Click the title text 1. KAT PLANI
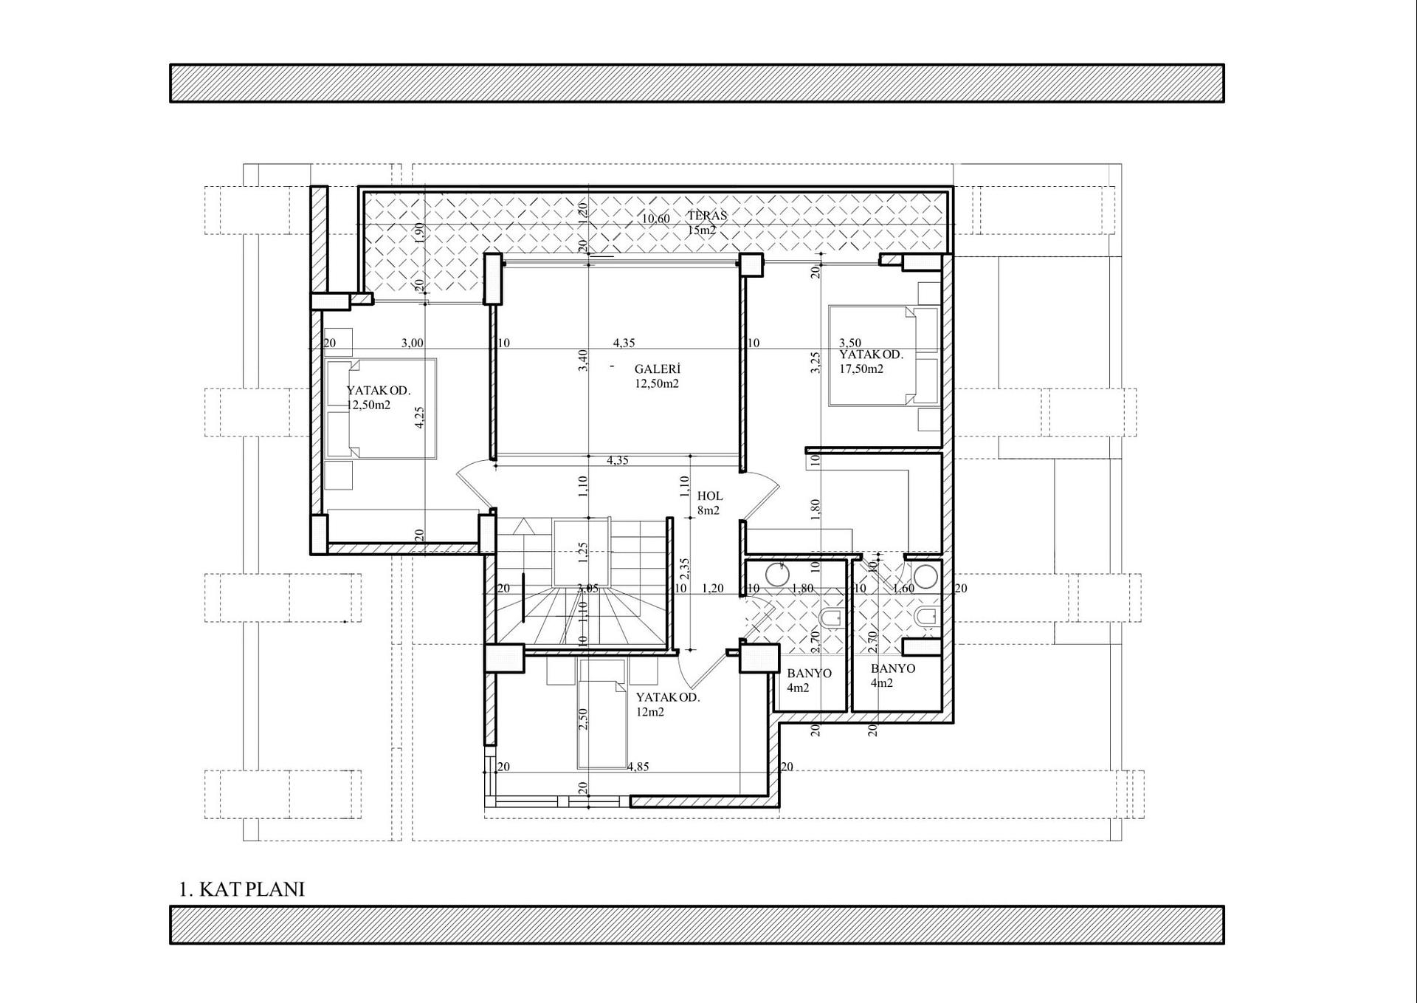241,889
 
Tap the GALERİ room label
657,369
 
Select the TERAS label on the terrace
707,216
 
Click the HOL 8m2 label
709,503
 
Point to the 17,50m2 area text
861,369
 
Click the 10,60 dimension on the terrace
655,219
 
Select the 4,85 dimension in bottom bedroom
638,767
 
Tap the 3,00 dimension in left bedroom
412,343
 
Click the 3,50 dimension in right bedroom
849,343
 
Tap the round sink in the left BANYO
776,574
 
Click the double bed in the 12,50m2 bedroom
381,409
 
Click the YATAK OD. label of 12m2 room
668,697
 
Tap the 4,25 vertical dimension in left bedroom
419,418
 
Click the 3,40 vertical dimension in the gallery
583,360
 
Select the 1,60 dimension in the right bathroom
903,589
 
